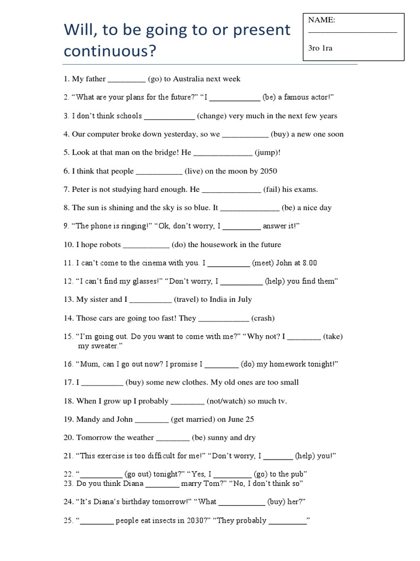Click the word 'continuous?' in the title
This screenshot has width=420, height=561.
click(109, 51)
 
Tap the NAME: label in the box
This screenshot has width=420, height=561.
click(322, 20)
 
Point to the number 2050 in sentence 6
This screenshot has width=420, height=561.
click(269, 171)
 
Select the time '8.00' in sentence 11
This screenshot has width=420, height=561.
click(309, 263)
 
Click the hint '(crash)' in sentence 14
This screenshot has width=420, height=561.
click(263, 318)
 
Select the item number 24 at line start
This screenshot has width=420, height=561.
click(68, 502)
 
